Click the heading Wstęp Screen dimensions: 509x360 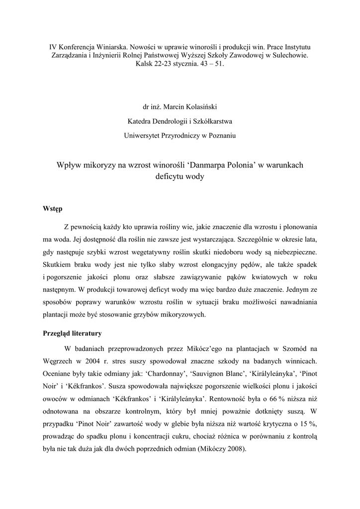53,209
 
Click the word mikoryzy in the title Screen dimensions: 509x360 97,165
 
